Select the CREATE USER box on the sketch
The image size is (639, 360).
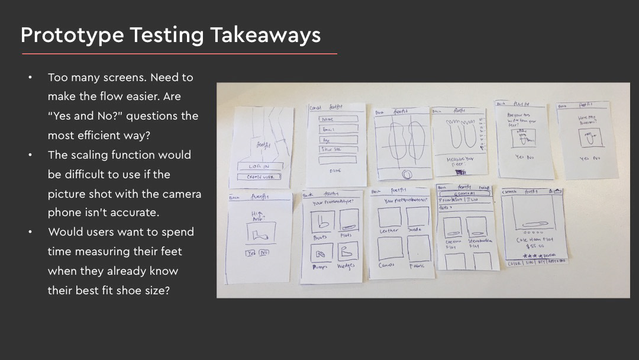click(x=259, y=176)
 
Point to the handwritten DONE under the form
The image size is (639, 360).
click(x=335, y=170)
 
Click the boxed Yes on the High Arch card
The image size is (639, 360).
click(x=251, y=253)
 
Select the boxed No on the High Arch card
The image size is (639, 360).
click(x=263, y=253)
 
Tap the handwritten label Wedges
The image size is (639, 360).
click(x=346, y=266)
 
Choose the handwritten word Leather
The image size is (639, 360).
click(x=389, y=230)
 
